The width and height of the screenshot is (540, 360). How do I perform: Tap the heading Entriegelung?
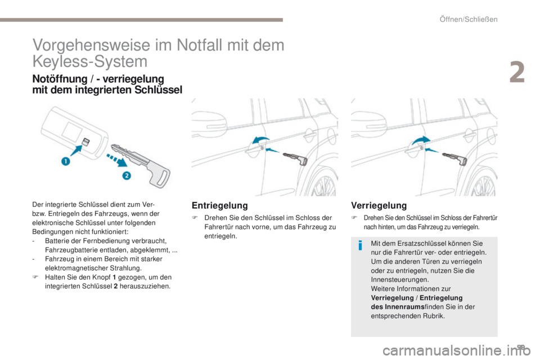(220, 205)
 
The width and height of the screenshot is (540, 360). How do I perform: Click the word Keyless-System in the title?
(90, 61)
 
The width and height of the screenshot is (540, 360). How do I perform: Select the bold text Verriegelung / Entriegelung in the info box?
(417, 298)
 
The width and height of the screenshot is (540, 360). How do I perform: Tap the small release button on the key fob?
(85, 141)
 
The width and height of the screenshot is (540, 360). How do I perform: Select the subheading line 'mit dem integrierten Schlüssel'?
(107, 90)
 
